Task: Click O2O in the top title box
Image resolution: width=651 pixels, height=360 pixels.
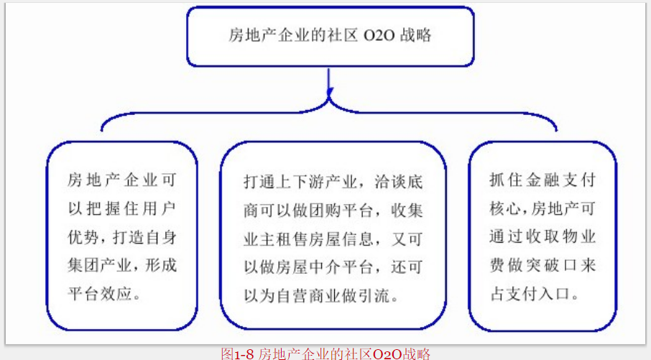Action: (x=379, y=36)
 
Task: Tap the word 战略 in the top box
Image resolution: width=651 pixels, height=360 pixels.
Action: (x=415, y=35)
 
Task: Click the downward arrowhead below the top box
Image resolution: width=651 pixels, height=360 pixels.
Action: (x=330, y=92)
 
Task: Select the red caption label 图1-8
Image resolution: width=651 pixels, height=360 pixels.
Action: (x=237, y=354)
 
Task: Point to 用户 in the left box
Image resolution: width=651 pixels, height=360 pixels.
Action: (x=160, y=208)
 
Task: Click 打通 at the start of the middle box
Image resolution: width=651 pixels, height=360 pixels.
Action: (x=259, y=182)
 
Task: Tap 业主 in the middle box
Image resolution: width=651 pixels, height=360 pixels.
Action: (x=259, y=239)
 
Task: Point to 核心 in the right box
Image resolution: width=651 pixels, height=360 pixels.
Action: (x=503, y=208)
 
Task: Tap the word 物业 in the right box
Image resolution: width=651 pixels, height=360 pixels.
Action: (x=579, y=236)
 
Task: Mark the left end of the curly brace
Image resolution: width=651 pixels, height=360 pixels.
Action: (x=102, y=131)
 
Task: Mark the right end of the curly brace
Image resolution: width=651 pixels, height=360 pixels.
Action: (x=556, y=130)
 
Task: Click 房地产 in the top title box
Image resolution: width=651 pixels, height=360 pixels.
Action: (x=252, y=35)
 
